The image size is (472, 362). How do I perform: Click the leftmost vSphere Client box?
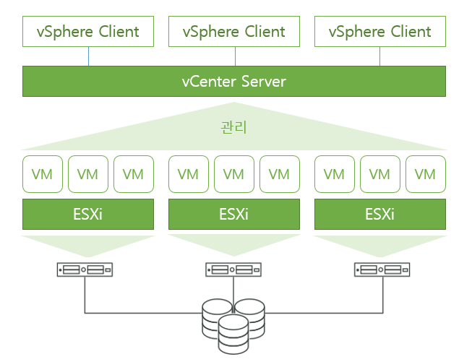point(88,32)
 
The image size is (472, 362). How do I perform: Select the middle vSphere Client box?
point(234,32)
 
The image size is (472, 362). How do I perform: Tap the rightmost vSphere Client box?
point(380,32)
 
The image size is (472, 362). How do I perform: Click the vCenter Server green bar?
point(234,81)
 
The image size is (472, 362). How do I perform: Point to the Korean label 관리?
point(233,127)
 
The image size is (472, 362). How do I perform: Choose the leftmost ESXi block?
point(88,215)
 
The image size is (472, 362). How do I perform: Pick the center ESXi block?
point(234,215)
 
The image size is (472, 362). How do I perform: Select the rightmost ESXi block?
point(380,215)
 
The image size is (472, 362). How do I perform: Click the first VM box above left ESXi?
point(43,174)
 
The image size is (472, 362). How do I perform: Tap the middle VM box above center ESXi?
point(234,174)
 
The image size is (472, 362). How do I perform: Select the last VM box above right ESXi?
point(426,174)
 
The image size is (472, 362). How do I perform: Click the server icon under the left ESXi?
point(85,270)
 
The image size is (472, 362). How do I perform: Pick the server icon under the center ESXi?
point(233,270)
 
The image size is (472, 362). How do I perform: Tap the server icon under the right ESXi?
point(382,270)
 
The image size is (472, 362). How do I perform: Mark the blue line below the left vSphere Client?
point(89,56)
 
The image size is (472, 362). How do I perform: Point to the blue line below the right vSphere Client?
point(381,56)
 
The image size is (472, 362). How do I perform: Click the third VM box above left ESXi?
point(134,174)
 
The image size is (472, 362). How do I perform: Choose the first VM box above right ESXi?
point(335,174)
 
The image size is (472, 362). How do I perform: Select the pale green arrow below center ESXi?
point(234,244)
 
